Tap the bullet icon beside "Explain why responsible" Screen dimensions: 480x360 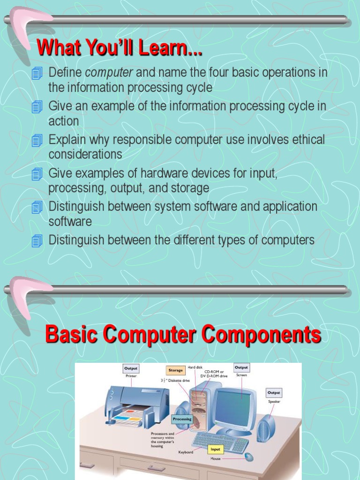37,140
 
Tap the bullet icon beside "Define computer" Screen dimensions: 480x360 37,73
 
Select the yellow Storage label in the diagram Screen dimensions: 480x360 175,370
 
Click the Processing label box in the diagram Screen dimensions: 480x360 182,419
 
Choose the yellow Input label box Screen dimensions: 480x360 215,449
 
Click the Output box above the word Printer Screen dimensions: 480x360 131,368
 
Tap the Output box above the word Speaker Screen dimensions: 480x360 274,392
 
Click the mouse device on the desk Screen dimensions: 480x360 248,457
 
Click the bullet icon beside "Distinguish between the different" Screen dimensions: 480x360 37,241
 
